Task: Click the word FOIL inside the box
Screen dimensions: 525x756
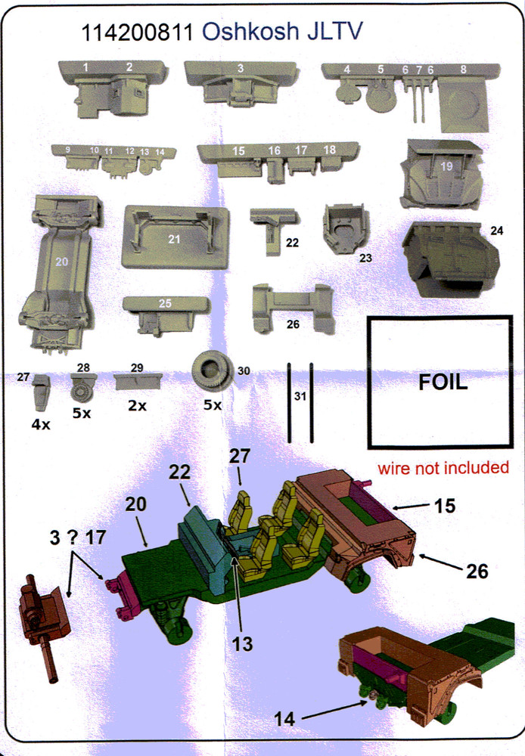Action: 443,383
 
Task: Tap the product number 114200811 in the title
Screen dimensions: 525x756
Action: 137,33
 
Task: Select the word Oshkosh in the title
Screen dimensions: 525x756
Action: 250,32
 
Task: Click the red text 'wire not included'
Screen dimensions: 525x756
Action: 443,468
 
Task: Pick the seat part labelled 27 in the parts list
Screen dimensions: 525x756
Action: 41,392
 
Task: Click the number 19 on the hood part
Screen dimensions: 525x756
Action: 447,166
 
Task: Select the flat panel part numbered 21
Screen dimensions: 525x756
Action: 176,237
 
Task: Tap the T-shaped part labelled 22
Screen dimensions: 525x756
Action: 273,229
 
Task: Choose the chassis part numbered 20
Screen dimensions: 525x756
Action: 60,273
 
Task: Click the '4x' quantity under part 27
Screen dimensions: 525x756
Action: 41,424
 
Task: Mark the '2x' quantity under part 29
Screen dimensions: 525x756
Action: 137,406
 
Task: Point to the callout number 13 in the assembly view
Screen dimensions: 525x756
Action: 242,643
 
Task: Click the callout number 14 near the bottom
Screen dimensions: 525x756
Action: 284,719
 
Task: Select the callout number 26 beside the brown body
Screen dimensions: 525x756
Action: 477,571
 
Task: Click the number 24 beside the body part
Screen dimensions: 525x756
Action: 496,231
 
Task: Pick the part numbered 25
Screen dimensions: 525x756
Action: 166,314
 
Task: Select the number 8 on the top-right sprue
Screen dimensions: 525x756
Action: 463,70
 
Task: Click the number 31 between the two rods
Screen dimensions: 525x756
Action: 300,396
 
